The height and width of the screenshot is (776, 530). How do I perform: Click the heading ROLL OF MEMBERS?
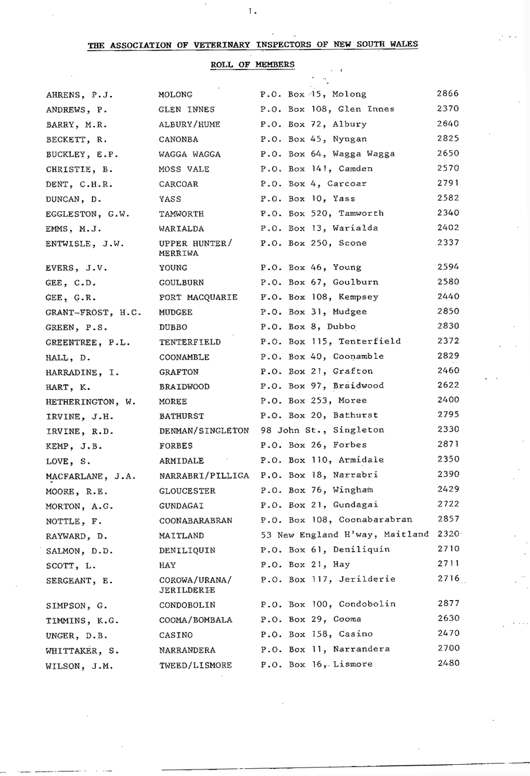click(253, 64)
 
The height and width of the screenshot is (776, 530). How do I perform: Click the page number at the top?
click(251, 10)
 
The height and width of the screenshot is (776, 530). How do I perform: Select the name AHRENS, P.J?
click(79, 95)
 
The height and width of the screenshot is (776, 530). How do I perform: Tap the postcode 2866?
click(448, 94)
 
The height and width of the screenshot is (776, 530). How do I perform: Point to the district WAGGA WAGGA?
click(190, 154)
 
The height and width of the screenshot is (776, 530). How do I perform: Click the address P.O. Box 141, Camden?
click(316, 168)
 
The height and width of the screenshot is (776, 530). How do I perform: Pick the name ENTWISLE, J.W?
click(85, 244)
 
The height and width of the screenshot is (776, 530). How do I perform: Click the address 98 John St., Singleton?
click(322, 430)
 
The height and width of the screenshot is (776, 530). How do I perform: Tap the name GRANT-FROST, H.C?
click(93, 312)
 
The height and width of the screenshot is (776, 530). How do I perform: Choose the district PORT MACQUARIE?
click(198, 298)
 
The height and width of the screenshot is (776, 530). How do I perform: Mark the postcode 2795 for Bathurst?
click(448, 415)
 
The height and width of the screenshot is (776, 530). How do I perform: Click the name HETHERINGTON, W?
click(91, 402)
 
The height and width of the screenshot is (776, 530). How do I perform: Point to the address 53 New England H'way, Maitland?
click(344, 535)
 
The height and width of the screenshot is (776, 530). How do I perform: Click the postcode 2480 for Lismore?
click(448, 663)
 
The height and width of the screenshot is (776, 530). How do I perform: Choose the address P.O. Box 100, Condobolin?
click(328, 604)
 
